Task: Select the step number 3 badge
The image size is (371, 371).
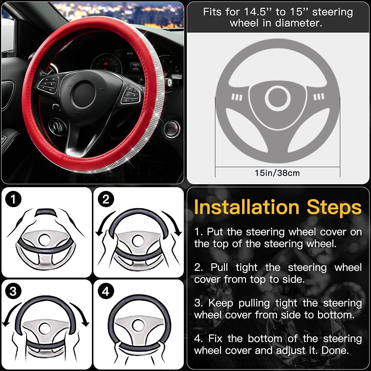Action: pos(14,291)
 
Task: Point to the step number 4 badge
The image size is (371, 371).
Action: pos(106,291)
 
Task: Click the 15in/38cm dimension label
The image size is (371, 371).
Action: pos(277,173)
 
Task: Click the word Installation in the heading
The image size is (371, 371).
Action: pos(246,207)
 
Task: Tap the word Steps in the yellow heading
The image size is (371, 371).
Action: pos(334,207)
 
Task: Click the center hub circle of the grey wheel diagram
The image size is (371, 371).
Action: pos(277,98)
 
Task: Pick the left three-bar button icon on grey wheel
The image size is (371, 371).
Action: pos(237,97)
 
